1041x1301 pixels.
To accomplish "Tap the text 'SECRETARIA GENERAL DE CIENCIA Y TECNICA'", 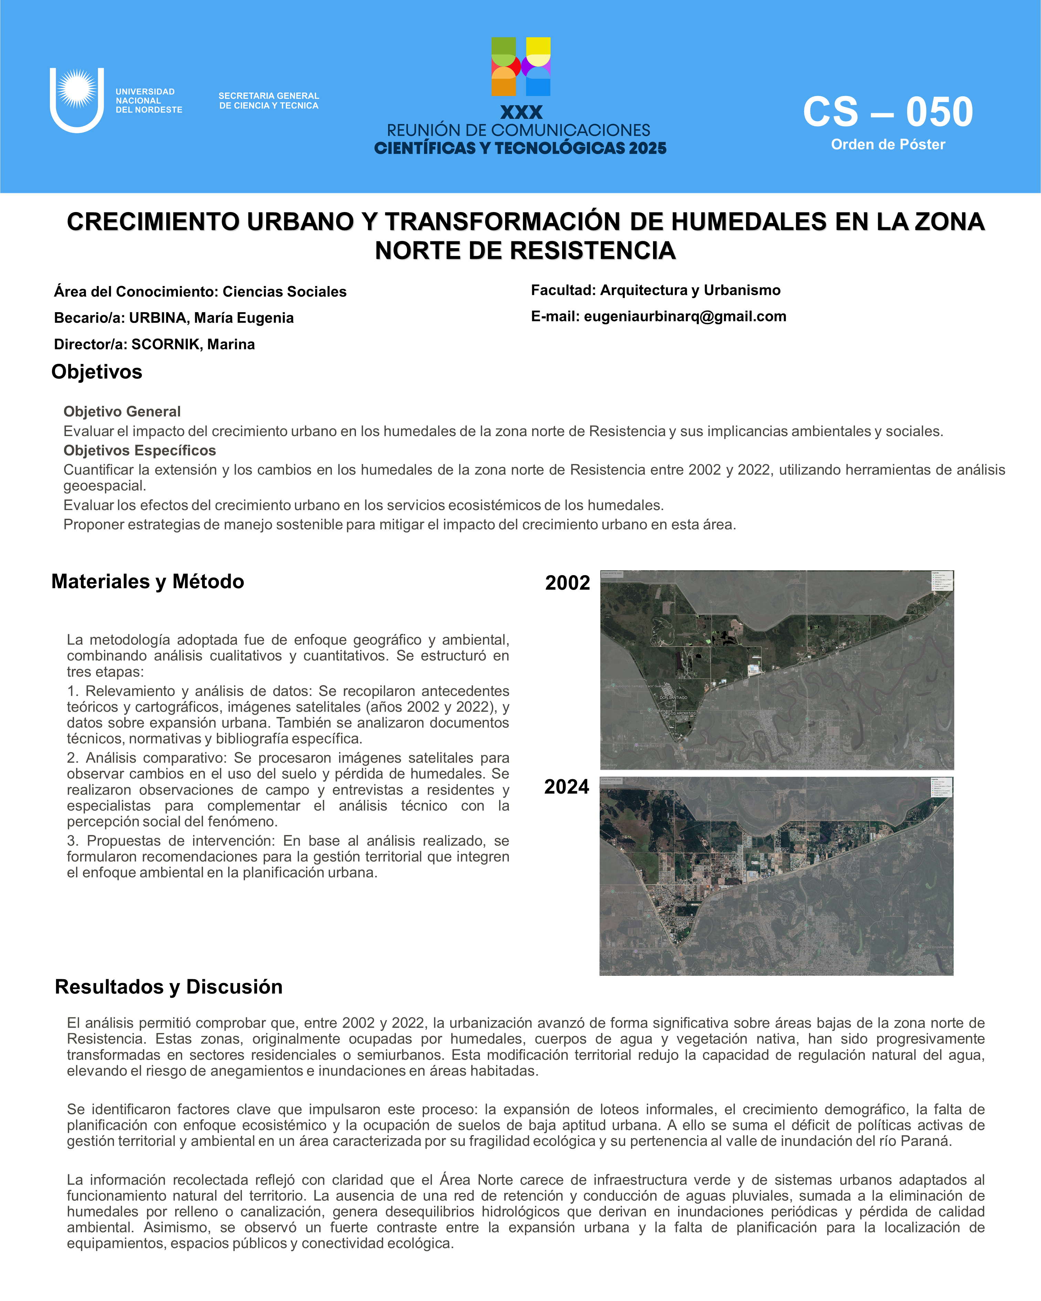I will point(269,101).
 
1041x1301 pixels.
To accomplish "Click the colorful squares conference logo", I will point(521,66).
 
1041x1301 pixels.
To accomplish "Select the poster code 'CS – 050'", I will point(888,112).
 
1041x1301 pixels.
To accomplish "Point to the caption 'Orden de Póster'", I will point(888,145).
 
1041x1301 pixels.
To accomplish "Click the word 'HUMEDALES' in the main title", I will point(748,222).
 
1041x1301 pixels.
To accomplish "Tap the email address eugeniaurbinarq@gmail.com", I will point(685,317).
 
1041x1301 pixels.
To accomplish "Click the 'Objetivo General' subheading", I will point(122,412).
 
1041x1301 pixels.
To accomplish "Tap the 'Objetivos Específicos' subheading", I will point(139,451).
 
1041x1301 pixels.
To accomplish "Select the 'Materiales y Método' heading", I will point(148,582).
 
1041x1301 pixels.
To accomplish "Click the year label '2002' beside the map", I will point(567,583).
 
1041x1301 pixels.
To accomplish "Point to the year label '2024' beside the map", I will point(566,787).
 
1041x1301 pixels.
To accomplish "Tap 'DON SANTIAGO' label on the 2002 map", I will point(673,698).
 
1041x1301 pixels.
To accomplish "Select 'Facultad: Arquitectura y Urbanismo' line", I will point(655,290).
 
